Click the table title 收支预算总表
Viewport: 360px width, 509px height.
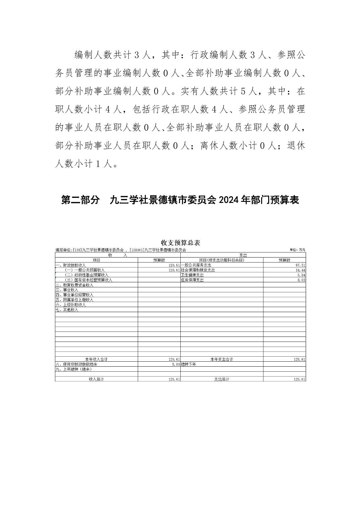point(180,242)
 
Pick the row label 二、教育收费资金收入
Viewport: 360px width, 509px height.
point(74,285)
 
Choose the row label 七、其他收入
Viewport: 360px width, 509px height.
point(67,310)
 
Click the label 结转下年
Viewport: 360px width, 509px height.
point(188,364)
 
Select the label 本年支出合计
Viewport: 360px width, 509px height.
point(222,359)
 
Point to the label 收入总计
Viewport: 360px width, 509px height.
point(96,379)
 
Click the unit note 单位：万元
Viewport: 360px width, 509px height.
point(298,250)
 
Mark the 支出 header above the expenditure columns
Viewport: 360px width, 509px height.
point(243,255)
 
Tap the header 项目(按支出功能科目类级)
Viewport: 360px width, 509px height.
point(222,260)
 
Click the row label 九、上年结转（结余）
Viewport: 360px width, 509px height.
point(74,369)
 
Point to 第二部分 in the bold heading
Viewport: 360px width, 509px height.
point(80,200)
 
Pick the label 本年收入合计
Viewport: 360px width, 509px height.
point(96,359)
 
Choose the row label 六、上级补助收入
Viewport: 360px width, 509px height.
point(71,305)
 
